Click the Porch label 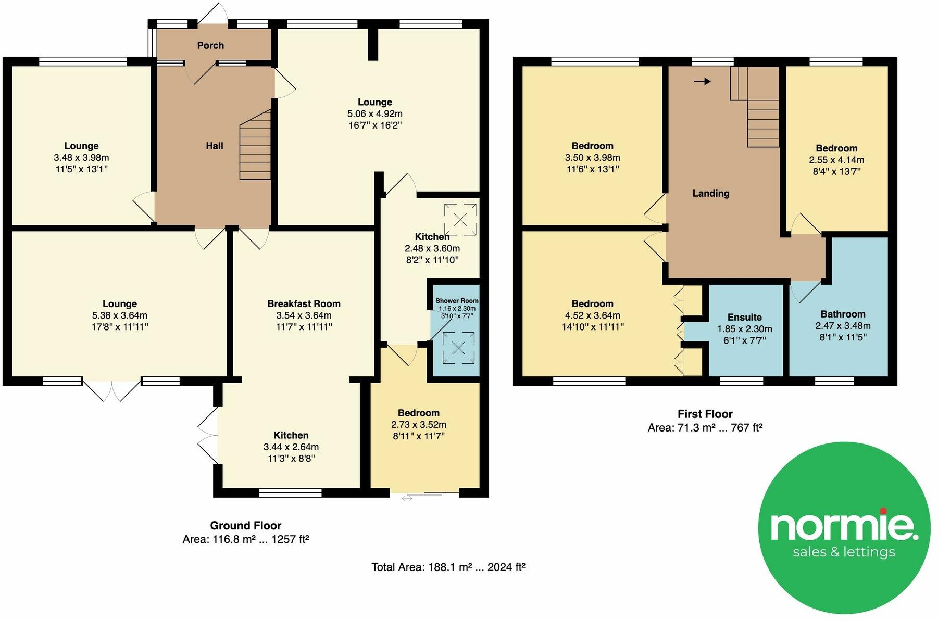(210, 46)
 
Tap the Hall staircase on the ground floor (256, 147)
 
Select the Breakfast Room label (304, 303)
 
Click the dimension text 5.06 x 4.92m (374, 113)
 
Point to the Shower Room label (457, 301)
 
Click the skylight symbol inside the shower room (458, 348)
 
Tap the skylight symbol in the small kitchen (460, 220)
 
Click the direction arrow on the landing (702, 81)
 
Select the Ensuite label (744, 317)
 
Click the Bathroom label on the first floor (843, 314)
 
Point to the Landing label (710, 193)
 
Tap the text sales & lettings (844, 552)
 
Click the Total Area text (448, 567)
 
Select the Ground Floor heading (246, 525)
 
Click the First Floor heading (705, 414)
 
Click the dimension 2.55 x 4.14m (836, 160)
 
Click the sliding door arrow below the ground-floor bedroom (407, 498)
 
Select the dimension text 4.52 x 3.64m (592, 315)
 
